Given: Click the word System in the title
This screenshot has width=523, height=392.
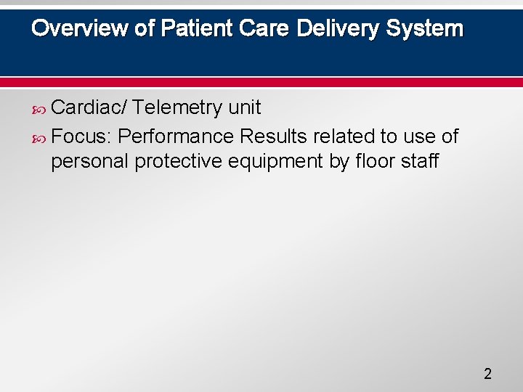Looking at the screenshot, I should point(425,28).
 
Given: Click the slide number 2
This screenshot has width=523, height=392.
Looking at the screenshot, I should point(487,375).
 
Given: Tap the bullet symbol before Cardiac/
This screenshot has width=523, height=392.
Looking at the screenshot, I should point(41,109).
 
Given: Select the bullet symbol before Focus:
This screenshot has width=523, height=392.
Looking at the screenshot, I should point(41,136).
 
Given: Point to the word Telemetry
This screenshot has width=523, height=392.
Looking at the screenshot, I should point(178,108).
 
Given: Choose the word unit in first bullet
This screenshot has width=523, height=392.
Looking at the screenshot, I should point(245,108).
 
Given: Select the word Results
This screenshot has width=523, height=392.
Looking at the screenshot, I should point(274,136).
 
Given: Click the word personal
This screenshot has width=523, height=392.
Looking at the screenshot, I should point(90,161).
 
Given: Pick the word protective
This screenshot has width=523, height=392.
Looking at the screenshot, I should point(180,161).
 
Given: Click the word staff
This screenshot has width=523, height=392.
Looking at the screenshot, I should point(421,161).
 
